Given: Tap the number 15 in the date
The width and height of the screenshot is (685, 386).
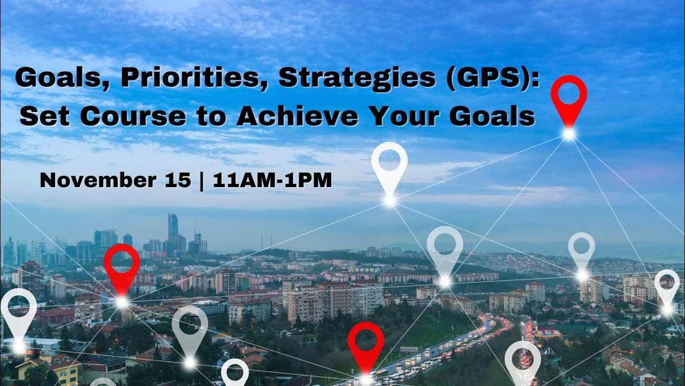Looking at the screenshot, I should coord(178,181).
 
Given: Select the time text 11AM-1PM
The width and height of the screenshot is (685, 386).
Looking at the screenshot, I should coord(272,181).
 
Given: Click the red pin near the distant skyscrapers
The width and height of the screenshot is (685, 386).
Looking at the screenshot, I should coord(121,266).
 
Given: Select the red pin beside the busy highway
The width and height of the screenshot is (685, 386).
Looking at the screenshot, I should coord(366,343).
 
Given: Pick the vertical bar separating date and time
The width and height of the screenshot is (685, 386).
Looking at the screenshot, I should coord(202,181).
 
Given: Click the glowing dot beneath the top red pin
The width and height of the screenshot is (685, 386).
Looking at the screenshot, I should coord(569,135).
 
